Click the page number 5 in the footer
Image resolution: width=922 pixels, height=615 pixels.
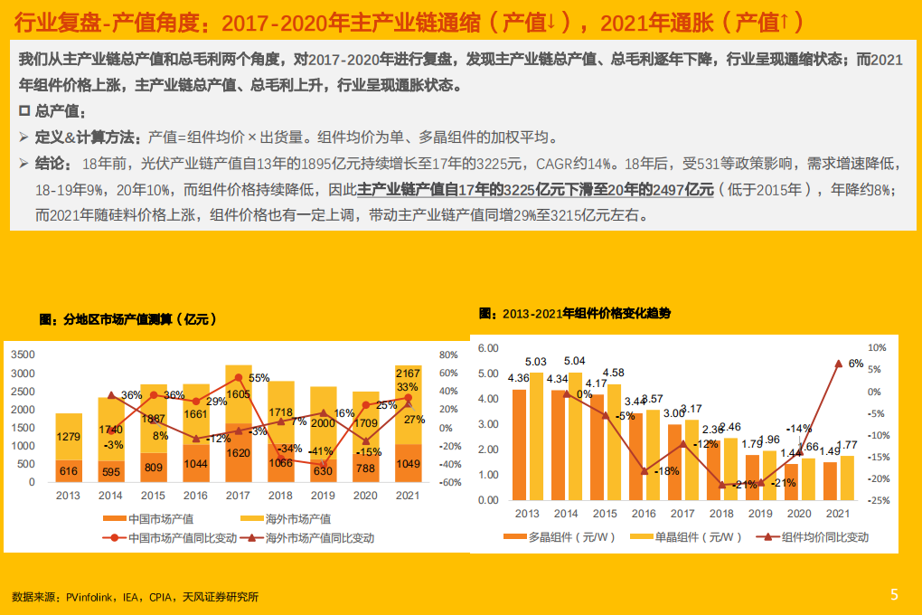pos(894,594)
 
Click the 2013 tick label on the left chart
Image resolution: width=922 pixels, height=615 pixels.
pos(69,496)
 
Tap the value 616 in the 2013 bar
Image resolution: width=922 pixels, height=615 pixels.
pos(69,471)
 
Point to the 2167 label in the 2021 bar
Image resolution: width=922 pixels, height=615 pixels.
pos(408,374)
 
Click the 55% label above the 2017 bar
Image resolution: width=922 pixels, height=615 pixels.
pos(259,378)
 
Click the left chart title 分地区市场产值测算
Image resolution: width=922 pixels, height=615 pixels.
pos(127,319)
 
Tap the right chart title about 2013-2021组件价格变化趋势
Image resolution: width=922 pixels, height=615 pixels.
pos(575,313)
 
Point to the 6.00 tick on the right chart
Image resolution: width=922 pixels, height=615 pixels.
pos(488,348)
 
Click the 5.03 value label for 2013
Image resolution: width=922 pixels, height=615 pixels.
pos(536,362)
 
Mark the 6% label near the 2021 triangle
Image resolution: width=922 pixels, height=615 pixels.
pos(856,364)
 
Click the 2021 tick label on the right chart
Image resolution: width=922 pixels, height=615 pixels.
pos(837,514)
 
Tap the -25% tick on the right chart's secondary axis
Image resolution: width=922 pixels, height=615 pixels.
pos(879,500)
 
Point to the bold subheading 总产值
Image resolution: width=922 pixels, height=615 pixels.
pos(61,112)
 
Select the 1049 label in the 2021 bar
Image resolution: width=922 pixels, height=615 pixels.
pos(409,464)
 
